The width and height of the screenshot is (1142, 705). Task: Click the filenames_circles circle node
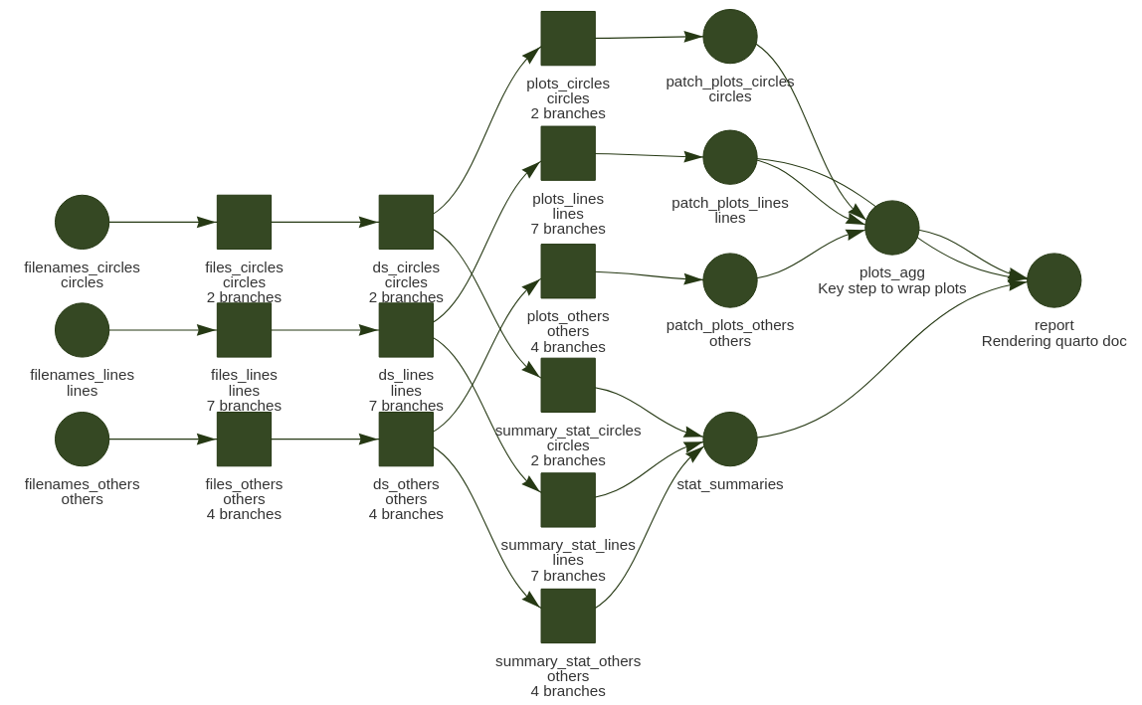pos(82,222)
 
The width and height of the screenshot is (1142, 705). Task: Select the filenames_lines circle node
pos(82,330)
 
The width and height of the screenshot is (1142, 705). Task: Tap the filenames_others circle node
pos(82,439)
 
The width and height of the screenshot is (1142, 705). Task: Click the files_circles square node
pos(244,222)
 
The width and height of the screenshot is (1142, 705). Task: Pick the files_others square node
pos(244,439)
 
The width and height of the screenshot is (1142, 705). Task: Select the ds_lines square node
pos(406,330)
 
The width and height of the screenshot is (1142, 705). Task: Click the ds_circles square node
pos(406,222)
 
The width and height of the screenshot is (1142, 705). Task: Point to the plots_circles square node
pos(568,38)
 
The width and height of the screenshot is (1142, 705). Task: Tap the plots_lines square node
pos(568,153)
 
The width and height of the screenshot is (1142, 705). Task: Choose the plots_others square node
pos(568,270)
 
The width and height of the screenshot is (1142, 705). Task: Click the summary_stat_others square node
pos(568,616)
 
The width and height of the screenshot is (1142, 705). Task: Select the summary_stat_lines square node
pos(568,499)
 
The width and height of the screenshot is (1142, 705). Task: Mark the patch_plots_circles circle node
pos(730,36)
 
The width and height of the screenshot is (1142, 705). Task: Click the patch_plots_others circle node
pos(730,280)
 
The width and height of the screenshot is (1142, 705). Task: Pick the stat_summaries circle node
pos(730,439)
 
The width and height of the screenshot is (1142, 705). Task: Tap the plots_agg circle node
pos(892,228)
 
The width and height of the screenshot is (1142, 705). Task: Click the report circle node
pos(1054,280)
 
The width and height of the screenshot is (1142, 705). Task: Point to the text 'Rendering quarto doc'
pos(1054,341)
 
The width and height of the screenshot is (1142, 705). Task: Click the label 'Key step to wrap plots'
pos(892,288)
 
